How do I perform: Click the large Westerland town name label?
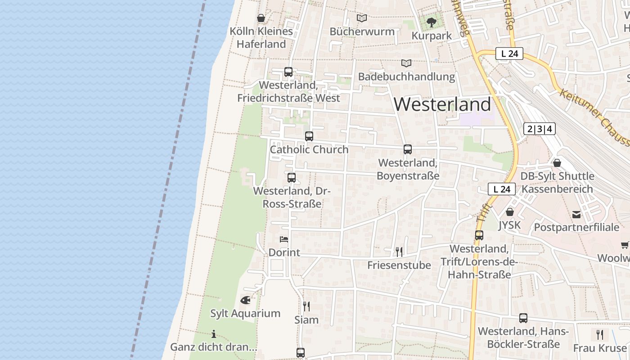[x=442, y=104]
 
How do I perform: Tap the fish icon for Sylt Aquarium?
[x=245, y=300]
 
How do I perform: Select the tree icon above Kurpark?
[x=432, y=22]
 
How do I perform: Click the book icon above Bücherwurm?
[x=362, y=18]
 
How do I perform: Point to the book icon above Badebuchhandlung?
[x=406, y=63]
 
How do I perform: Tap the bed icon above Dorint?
[x=284, y=239]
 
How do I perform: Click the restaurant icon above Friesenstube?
[x=399, y=251]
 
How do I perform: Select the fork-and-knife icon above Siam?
[x=306, y=306]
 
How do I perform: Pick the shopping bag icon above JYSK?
[x=510, y=211]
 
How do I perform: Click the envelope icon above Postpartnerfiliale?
[x=576, y=214]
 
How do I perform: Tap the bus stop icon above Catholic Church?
[x=309, y=136]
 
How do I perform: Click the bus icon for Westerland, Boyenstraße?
[x=408, y=149]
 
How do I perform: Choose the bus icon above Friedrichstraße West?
[x=288, y=72]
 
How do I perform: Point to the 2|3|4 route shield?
[x=540, y=129]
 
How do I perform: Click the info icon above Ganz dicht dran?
[x=214, y=334]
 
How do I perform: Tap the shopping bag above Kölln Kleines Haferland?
[x=261, y=18]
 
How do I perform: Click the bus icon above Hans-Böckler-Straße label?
[x=523, y=318]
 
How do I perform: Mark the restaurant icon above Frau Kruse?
[x=600, y=334]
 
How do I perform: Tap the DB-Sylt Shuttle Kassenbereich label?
[x=557, y=182]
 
